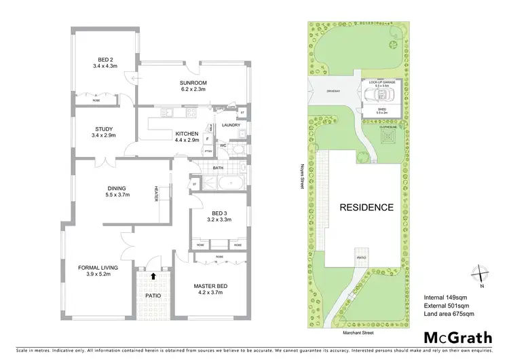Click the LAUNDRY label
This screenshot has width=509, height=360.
point(232,125)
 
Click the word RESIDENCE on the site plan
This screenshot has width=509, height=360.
point(366,207)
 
